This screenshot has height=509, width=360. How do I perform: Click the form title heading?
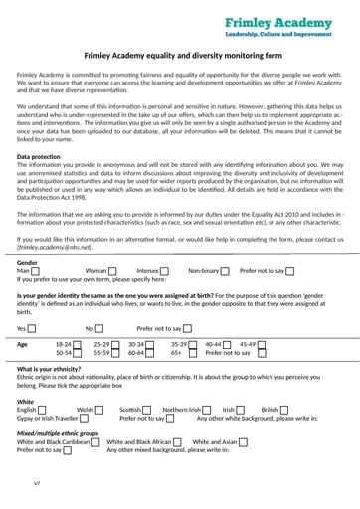click(x=179, y=58)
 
